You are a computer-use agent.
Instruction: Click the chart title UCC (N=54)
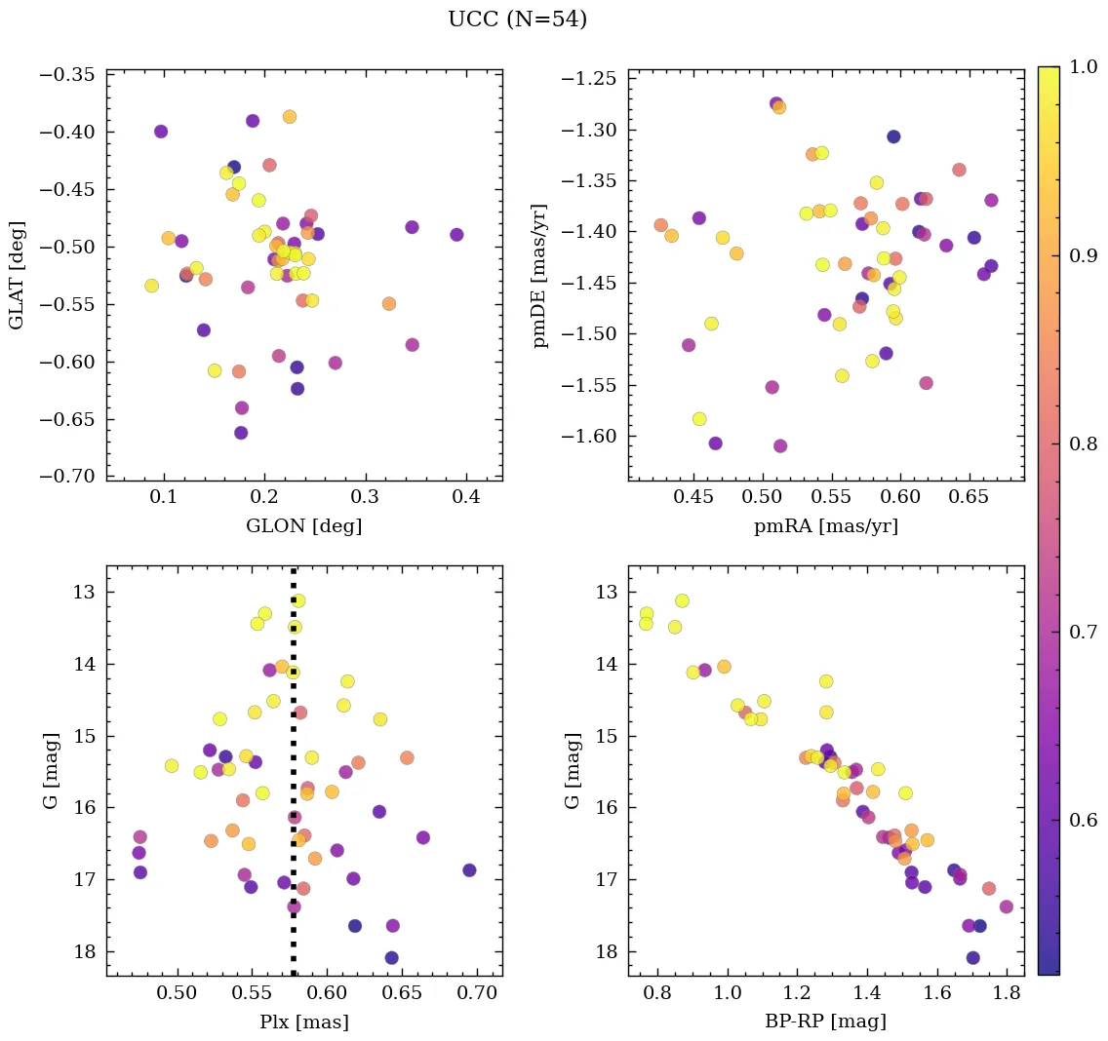tap(517, 19)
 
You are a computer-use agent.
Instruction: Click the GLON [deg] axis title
tap(303, 526)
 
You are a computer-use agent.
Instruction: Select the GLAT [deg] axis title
tap(17, 275)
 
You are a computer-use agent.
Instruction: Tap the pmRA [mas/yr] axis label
tap(826, 526)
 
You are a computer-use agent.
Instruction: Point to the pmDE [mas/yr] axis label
tap(539, 275)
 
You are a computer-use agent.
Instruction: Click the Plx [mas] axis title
tap(303, 1022)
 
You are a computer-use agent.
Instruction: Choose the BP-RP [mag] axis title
tap(826, 1022)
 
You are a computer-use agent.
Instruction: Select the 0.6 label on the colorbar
tap(1084, 820)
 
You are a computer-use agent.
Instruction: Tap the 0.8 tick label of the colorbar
tap(1084, 444)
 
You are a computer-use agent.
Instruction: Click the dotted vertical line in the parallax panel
tap(294, 877)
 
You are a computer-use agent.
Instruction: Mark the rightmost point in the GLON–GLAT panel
tap(456, 235)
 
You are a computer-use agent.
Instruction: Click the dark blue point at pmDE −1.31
tap(893, 136)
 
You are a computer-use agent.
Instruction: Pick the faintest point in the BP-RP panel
tap(972, 958)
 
